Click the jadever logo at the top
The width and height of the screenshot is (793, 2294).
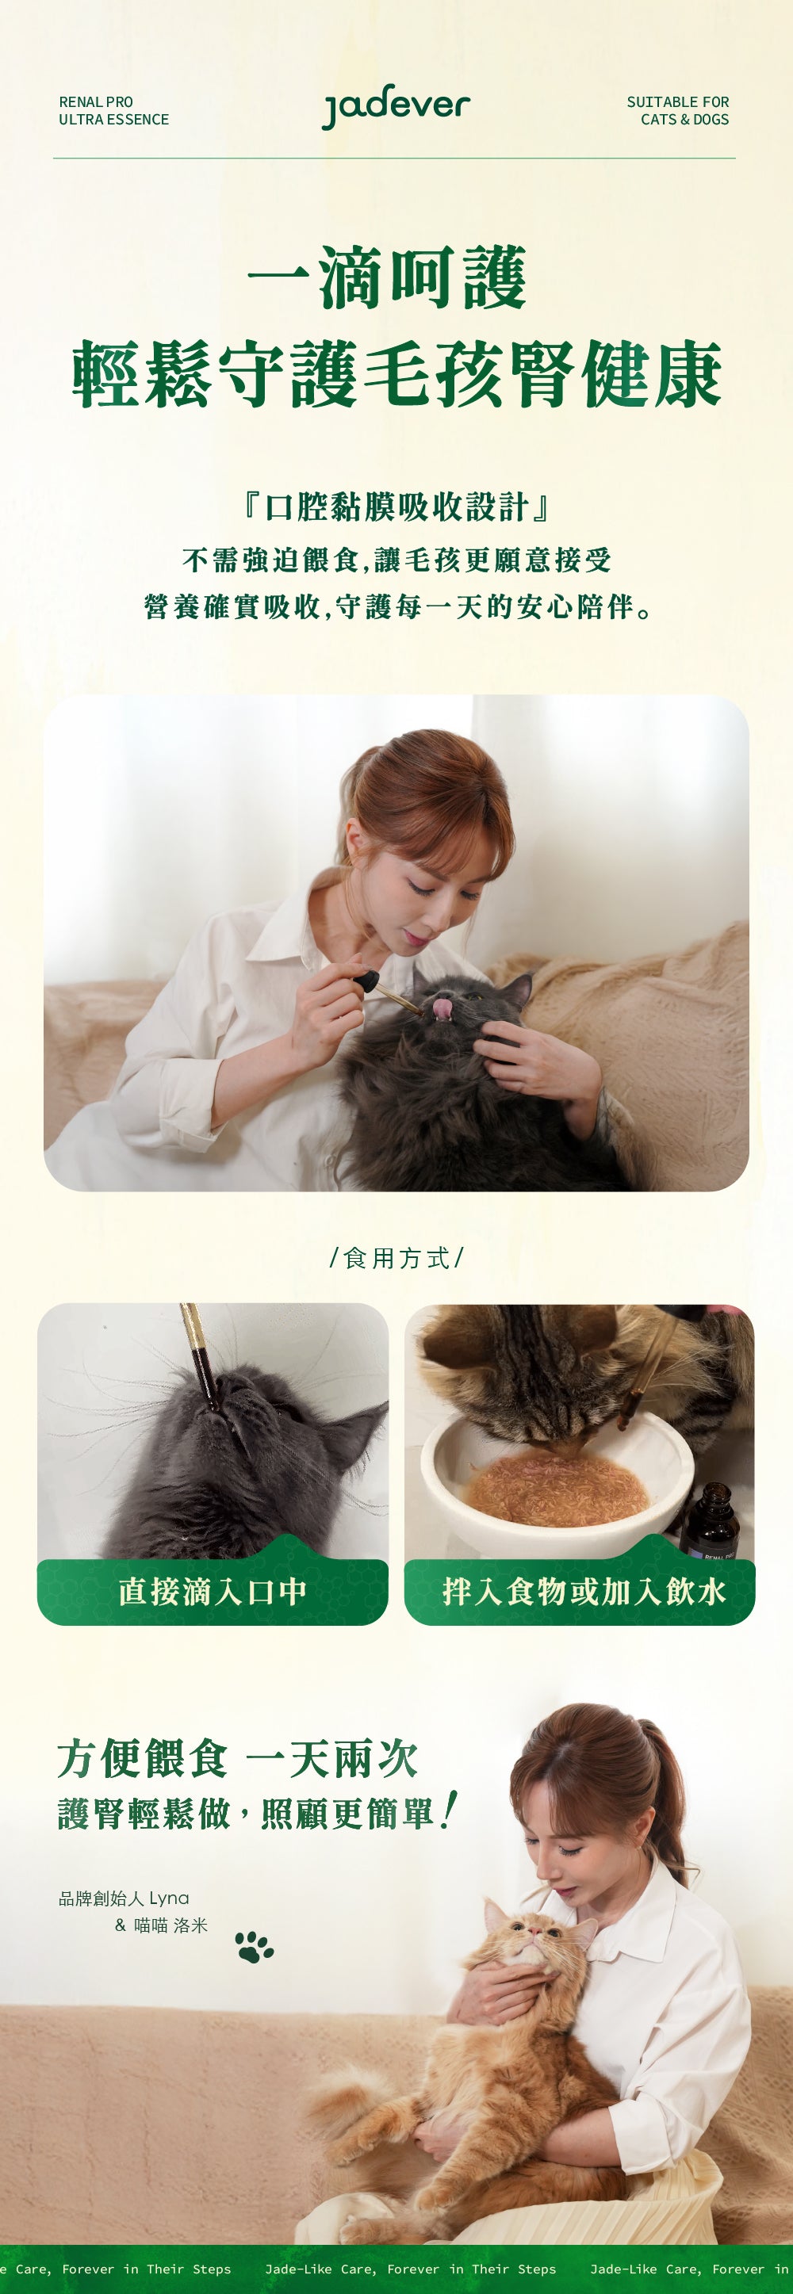396,108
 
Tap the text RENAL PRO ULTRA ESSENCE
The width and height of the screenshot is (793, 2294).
114,110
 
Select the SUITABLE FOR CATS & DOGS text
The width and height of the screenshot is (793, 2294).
677,110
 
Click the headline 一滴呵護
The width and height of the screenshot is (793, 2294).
388,278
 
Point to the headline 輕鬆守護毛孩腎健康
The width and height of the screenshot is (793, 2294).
396,374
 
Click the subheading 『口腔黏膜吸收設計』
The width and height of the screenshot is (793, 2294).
396,507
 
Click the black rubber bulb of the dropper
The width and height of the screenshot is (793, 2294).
366,982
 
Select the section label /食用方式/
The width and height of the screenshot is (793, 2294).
396,1257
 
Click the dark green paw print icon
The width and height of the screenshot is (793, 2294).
255,1946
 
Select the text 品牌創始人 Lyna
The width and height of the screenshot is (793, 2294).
124,1898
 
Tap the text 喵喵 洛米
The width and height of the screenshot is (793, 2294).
171,1925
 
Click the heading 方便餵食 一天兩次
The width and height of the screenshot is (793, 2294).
238,1758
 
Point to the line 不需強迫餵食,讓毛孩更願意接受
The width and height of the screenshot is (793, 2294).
396,560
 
